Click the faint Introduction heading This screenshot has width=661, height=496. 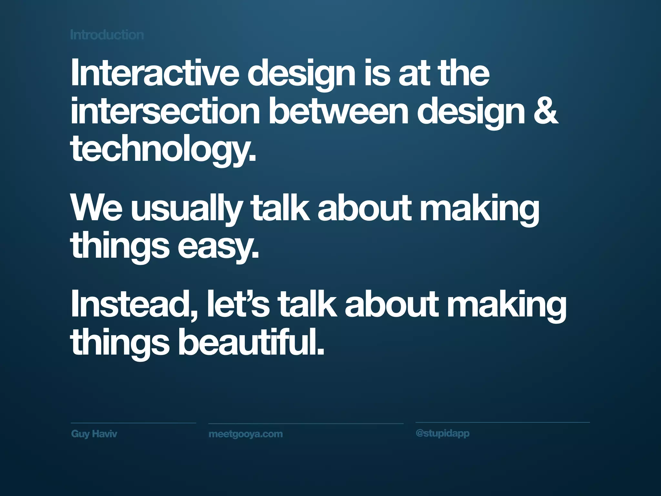pos(107,35)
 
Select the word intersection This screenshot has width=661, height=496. pos(165,111)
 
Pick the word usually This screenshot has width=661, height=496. pos(186,209)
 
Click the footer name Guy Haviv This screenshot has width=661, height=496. pos(94,434)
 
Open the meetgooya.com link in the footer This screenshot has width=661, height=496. pos(246,434)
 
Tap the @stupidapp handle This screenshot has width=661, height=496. pos(442,433)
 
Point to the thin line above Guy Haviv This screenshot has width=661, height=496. pos(133,423)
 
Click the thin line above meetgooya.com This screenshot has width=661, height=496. pos(306,423)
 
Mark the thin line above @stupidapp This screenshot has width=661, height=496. pos(502,422)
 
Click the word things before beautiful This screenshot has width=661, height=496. pos(120,344)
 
